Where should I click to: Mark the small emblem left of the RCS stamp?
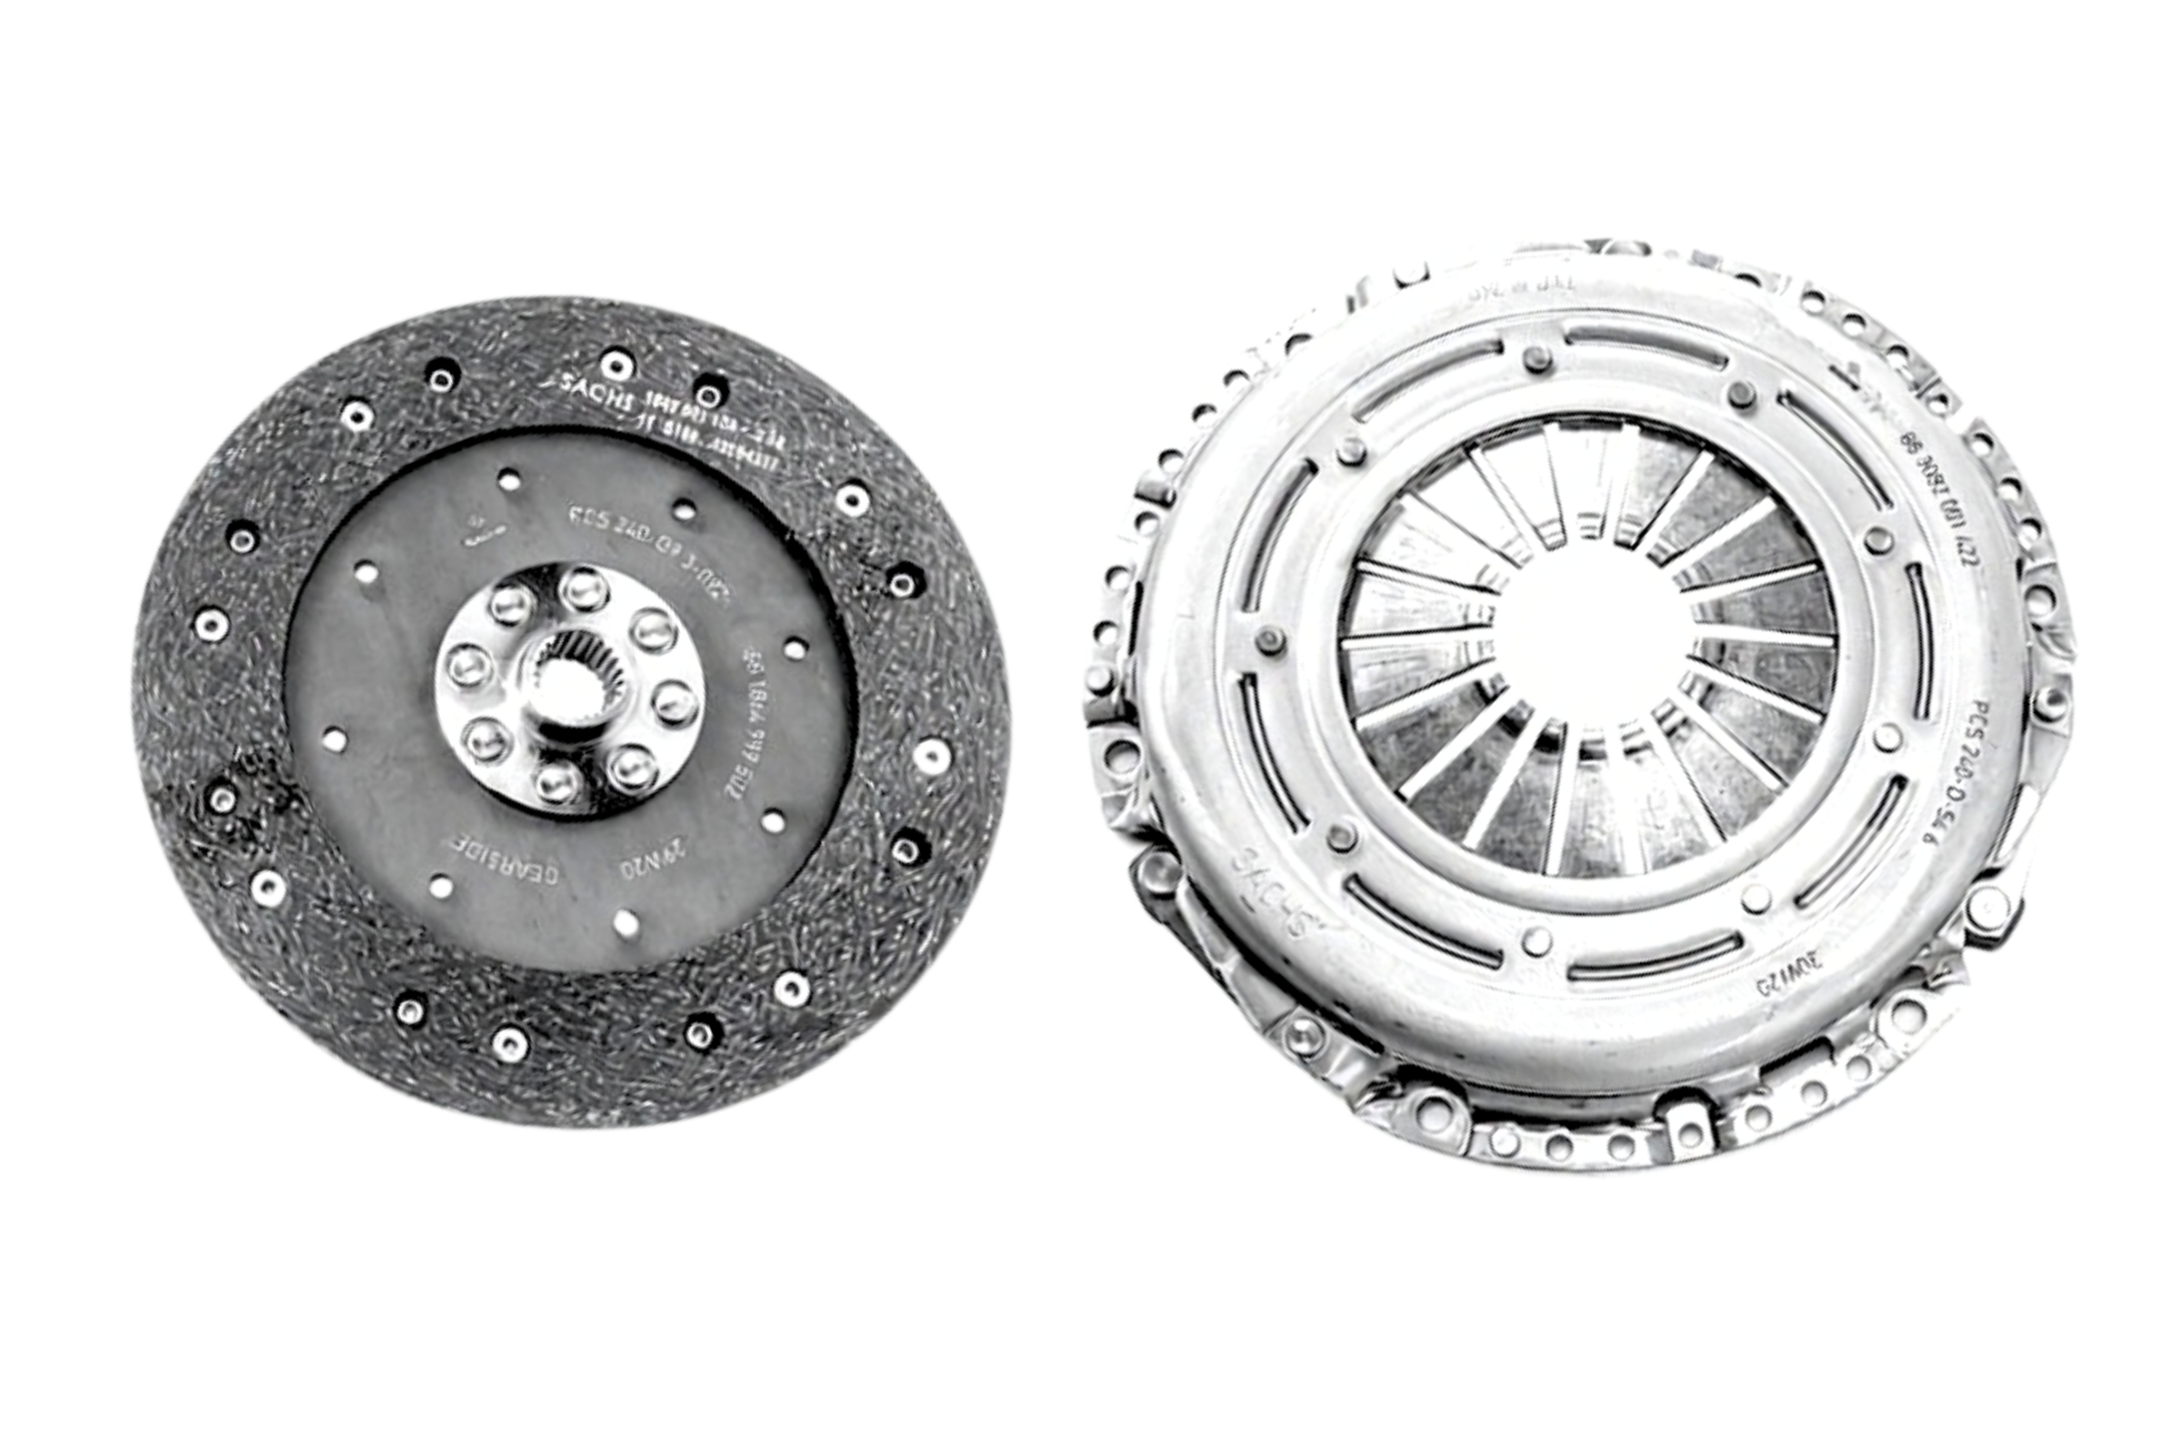pyautogui.click(x=483, y=529)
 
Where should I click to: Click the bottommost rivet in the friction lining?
pyautogui.click(x=508, y=1043)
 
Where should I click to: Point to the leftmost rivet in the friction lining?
pyautogui.click(x=212, y=625)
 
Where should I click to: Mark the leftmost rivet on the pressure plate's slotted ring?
pyautogui.click(x=1269, y=638)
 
